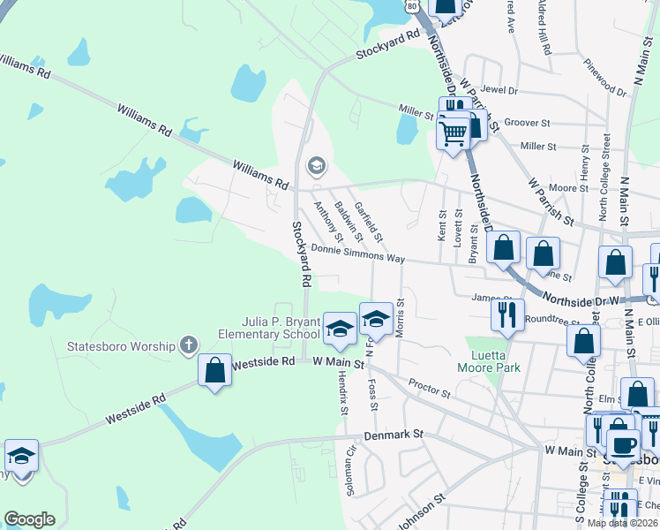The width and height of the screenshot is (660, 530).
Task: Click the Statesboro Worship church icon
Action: [x=187, y=345]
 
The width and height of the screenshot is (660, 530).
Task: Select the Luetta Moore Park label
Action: [x=488, y=361]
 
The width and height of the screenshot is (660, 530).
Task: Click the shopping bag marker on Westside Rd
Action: [x=214, y=371]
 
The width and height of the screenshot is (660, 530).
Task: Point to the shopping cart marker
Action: [x=453, y=134]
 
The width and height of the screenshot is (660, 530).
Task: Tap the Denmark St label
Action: [x=394, y=435]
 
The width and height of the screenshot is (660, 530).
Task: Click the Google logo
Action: [x=29, y=519]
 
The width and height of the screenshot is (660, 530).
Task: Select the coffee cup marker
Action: [x=624, y=445]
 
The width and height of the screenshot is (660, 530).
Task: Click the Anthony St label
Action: [x=327, y=221]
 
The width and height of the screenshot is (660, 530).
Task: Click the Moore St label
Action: [x=562, y=188]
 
